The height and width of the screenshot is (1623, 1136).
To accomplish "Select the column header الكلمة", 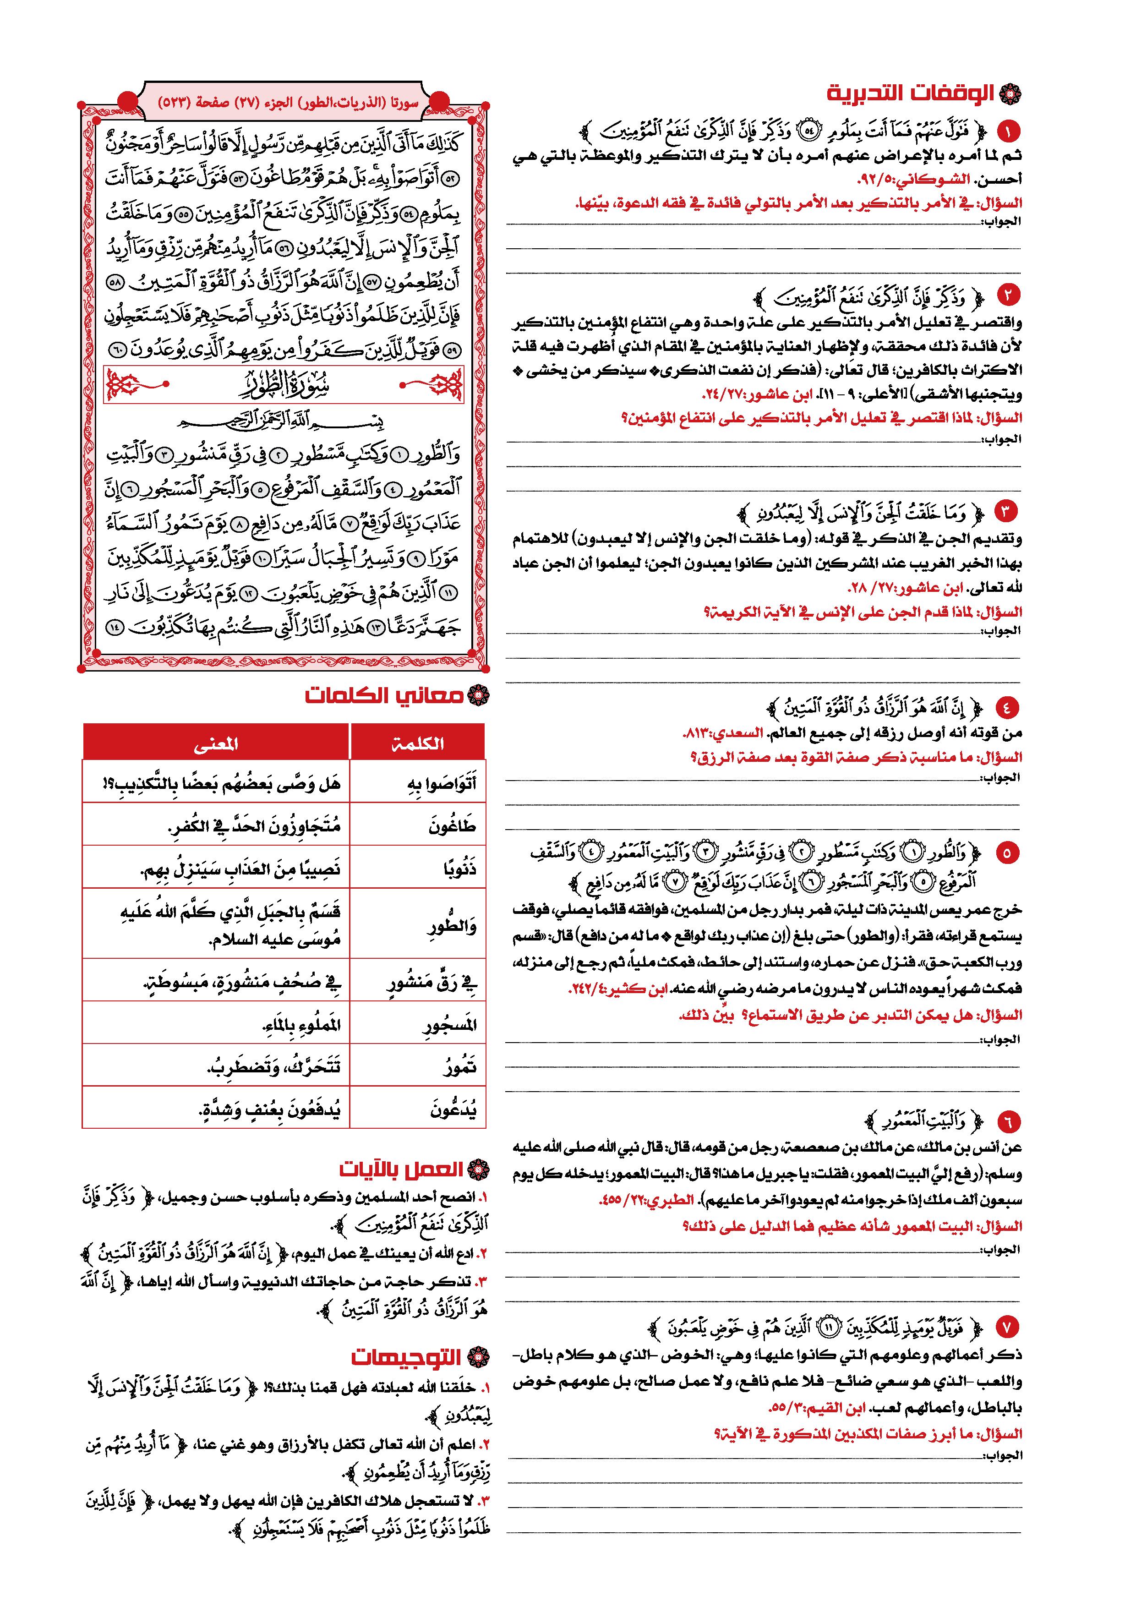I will pos(418,743).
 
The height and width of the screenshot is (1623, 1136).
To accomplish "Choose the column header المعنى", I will pos(216,743).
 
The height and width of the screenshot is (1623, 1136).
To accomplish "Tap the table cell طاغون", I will pos(453,825).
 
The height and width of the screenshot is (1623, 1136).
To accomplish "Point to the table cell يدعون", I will pos(453,1109).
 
